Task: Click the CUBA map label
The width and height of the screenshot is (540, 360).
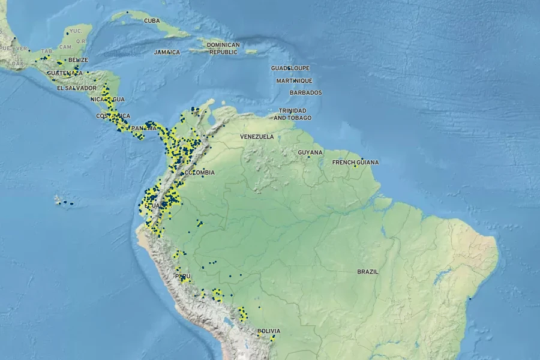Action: click(152, 20)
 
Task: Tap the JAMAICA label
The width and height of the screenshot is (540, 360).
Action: click(167, 52)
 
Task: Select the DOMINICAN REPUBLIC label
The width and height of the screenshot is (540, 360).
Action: click(223, 49)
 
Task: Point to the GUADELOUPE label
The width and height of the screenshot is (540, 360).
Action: click(290, 68)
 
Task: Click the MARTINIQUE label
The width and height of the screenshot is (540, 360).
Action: click(294, 81)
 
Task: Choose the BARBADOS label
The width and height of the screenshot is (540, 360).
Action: click(305, 93)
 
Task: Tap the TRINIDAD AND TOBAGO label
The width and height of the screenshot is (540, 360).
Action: click(292, 114)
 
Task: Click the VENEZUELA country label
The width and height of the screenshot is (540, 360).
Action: click(257, 137)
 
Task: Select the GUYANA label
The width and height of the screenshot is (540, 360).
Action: click(310, 153)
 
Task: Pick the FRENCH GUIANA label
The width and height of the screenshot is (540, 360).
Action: click(356, 163)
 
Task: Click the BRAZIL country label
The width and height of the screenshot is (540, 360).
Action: click(368, 272)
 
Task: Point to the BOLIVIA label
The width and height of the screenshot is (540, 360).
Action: click(269, 331)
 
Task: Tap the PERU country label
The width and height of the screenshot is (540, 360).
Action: click(182, 277)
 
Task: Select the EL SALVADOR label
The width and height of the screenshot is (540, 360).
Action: click(76, 88)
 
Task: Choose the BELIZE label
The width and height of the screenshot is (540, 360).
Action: click(78, 60)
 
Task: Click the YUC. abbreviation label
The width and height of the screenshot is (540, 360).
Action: click(76, 31)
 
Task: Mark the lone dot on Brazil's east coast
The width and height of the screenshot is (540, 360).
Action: click(470, 298)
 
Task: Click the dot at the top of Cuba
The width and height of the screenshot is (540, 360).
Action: click(127, 12)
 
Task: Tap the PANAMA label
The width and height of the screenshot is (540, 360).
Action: click(144, 128)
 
